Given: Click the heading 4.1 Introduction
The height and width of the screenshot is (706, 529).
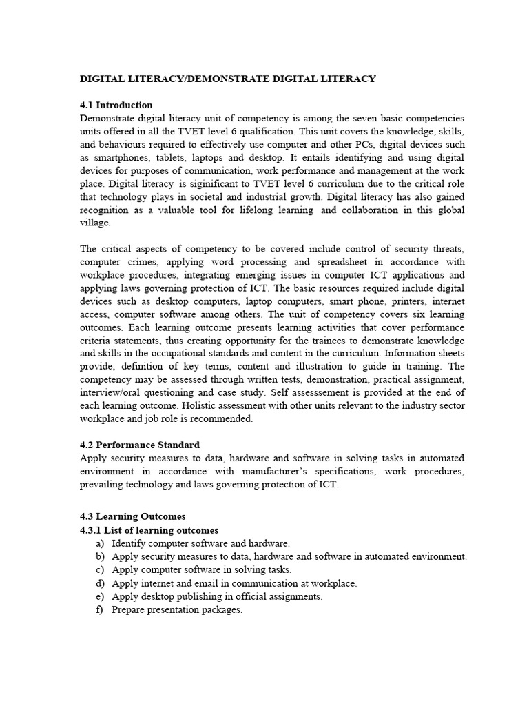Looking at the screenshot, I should coord(116,105).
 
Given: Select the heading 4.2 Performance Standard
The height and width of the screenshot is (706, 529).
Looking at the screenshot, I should coord(140,445).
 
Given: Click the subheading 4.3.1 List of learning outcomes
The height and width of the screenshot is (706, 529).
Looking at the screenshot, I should coord(149,530).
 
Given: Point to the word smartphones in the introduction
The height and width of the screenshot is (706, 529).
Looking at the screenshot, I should coord(118,158).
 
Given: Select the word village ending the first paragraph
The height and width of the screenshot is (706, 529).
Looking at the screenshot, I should coord(94,223).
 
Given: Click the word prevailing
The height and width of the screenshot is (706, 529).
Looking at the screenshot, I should coord(101,484).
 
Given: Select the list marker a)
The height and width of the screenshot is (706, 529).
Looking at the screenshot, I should coord(101,544).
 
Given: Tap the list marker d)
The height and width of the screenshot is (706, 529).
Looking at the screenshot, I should coord(101,583).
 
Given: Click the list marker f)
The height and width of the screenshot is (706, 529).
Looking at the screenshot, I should coord(100,609).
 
